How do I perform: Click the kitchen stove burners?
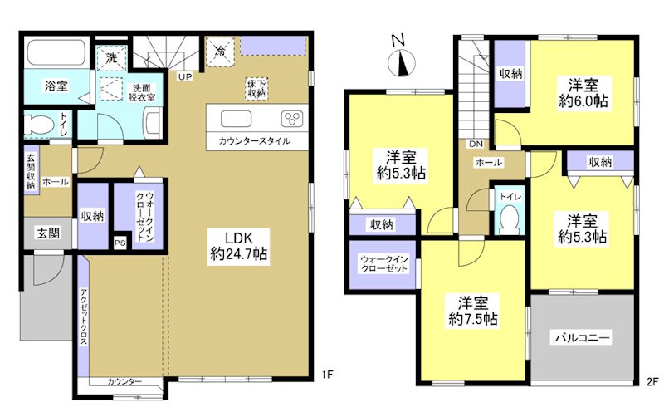click(x=293, y=116)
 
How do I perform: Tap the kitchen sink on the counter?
click(x=235, y=116)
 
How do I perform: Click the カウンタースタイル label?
click(x=255, y=141)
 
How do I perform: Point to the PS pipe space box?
click(x=120, y=243)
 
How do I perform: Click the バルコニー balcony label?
click(x=583, y=338)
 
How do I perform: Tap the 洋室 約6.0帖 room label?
click(x=588, y=93)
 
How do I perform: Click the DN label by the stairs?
click(x=476, y=144)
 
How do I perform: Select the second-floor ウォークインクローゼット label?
click(x=383, y=265)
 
